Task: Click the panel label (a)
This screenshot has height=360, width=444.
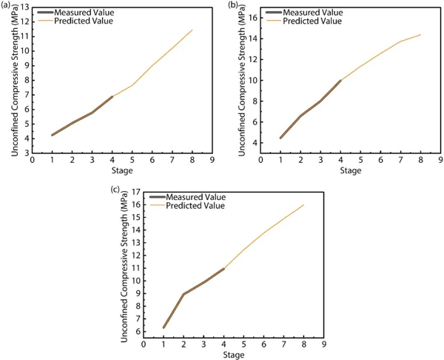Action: coord(6,5)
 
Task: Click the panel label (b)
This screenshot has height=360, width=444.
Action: coord(233,5)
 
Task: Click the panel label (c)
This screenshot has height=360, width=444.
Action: coord(115,190)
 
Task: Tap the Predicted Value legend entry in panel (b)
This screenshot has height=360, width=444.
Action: coord(304,21)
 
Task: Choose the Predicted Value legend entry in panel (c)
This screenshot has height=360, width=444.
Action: coord(187,205)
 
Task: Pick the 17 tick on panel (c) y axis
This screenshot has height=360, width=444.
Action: coord(136,192)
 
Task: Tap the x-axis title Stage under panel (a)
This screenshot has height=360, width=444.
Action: coord(122,170)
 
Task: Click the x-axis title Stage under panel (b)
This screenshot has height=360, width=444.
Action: coord(351,170)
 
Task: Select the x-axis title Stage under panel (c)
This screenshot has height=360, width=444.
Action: coord(234,355)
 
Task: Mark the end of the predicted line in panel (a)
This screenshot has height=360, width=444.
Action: coord(192,30)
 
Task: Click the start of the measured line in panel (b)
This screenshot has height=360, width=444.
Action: coord(280,138)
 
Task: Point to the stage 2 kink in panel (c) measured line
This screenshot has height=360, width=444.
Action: coord(184,294)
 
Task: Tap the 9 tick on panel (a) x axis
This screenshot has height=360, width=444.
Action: coord(212,160)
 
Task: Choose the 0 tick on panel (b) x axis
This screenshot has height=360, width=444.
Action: coord(260,160)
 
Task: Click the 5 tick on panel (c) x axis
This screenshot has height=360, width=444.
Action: coord(243,344)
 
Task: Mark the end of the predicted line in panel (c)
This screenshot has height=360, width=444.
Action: coord(304,204)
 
